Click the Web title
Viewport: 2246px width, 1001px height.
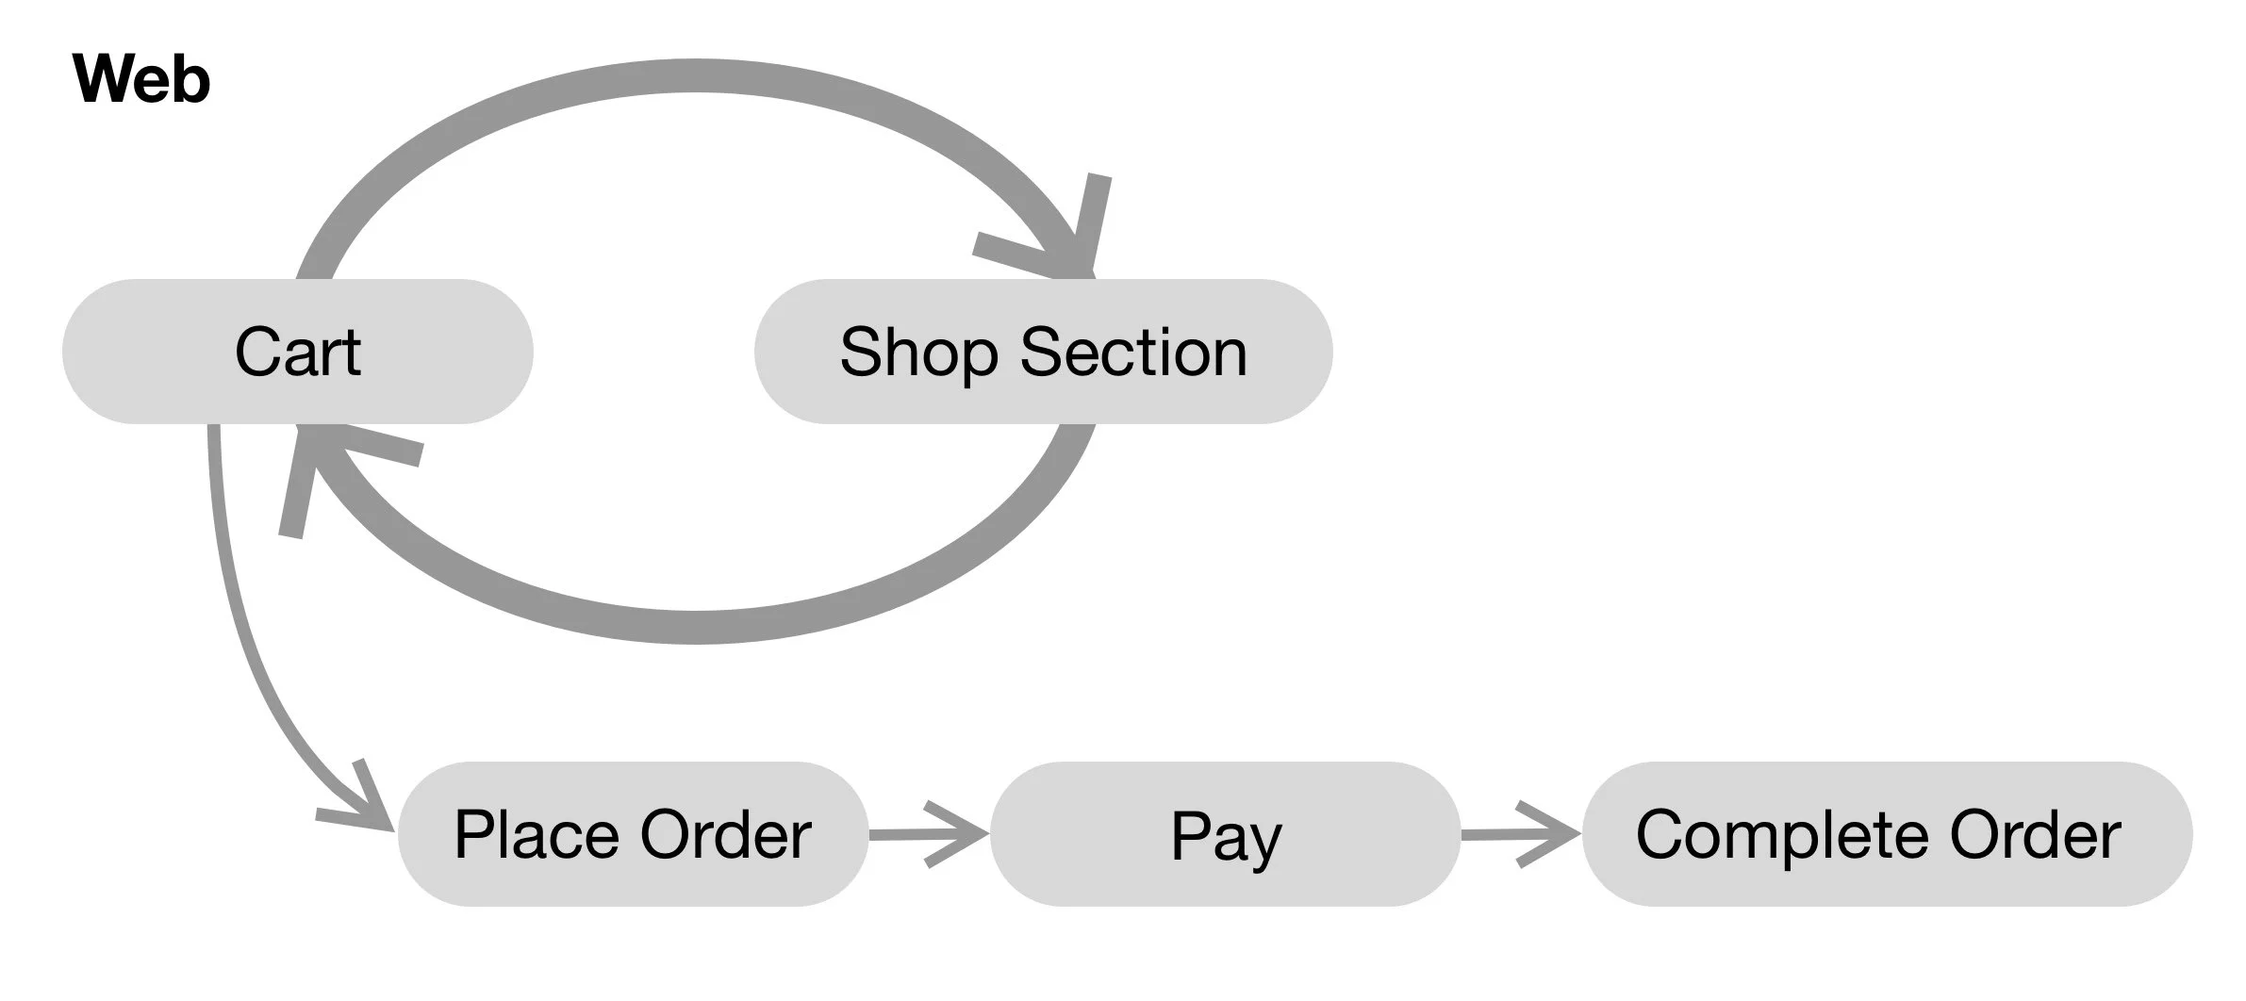[141, 79]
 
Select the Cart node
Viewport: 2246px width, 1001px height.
[297, 352]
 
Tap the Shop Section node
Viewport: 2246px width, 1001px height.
[1043, 352]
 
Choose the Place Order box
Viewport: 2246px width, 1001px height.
[632, 834]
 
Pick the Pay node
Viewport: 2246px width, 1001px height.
[1225, 834]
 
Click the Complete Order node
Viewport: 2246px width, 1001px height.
[1887, 834]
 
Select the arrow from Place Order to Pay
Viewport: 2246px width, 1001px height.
[929, 834]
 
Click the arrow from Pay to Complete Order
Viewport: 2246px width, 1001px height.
[1521, 834]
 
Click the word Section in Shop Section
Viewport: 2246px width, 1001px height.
[1133, 352]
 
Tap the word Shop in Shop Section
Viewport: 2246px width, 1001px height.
[919, 352]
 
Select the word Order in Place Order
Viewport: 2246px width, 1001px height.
[726, 834]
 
